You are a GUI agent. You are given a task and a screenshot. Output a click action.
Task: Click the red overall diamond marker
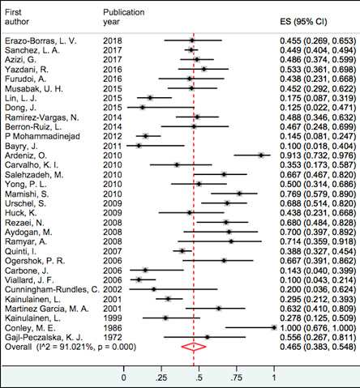(x=194, y=347)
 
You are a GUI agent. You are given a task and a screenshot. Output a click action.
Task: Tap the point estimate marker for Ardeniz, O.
(x=261, y=156)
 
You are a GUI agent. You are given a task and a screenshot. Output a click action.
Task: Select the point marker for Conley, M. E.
(x=274, y=327)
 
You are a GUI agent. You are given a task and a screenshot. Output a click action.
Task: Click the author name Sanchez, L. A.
(x=32, y=50)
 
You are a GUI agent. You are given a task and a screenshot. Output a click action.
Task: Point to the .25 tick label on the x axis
(x=161, y=377)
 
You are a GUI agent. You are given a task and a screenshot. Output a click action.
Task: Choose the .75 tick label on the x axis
(x=236, y=377)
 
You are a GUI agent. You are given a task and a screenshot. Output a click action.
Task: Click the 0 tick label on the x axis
(x=123, y=377)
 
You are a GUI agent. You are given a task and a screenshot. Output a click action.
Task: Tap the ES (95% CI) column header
(x=303, y=22)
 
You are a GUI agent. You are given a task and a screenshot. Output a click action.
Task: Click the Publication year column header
(x=124, y=17)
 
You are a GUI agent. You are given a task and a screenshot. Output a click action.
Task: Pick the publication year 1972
(x=113, y=337)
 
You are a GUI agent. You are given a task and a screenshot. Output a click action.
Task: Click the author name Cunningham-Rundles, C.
(x=52, y=289)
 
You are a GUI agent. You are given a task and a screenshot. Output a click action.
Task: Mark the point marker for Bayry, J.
(x=139, y=146)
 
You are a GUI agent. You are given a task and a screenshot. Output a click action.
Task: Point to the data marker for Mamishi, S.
(x=239, y=194)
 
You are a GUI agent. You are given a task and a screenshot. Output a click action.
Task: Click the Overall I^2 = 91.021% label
(x=71, y=347)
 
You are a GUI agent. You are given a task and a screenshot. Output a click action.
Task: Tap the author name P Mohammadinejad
(x=42, y=136)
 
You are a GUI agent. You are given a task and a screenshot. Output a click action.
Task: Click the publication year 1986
(x=113, y=328)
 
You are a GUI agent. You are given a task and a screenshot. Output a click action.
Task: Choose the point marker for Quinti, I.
(x=182, y=251)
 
